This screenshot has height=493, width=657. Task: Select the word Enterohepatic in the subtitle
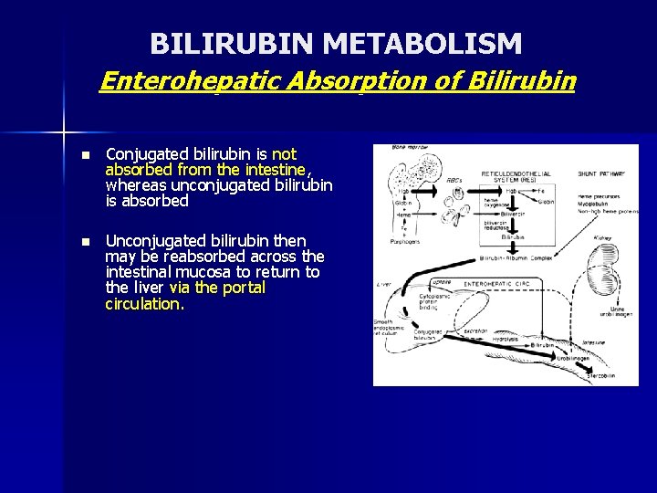[x=190, y=81]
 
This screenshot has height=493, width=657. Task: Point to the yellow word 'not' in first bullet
[x=284, y=154]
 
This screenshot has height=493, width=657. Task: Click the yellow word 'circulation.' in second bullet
[x=144, y=303]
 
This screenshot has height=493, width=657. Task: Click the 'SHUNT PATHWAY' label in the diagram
[x=600, y=173]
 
